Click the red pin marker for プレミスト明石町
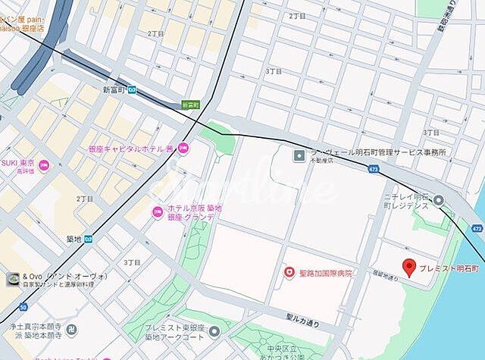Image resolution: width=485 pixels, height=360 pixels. tap(408, 267)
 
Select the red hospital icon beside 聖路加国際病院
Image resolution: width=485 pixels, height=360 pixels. tap(288, 271)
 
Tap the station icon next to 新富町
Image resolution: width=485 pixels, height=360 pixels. tap(132, 89)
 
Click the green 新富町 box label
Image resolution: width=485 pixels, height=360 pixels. tap(190, 105)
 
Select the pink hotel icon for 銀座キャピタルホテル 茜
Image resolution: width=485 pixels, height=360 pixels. tap(183, 148)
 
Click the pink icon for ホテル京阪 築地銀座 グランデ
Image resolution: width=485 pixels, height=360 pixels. tap(157, 211)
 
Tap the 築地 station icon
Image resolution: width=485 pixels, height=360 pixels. tap(88, 239)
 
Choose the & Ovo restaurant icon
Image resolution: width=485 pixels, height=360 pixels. tap(13, 279)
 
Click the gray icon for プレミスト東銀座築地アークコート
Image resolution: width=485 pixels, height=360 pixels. tap(214, 330)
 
